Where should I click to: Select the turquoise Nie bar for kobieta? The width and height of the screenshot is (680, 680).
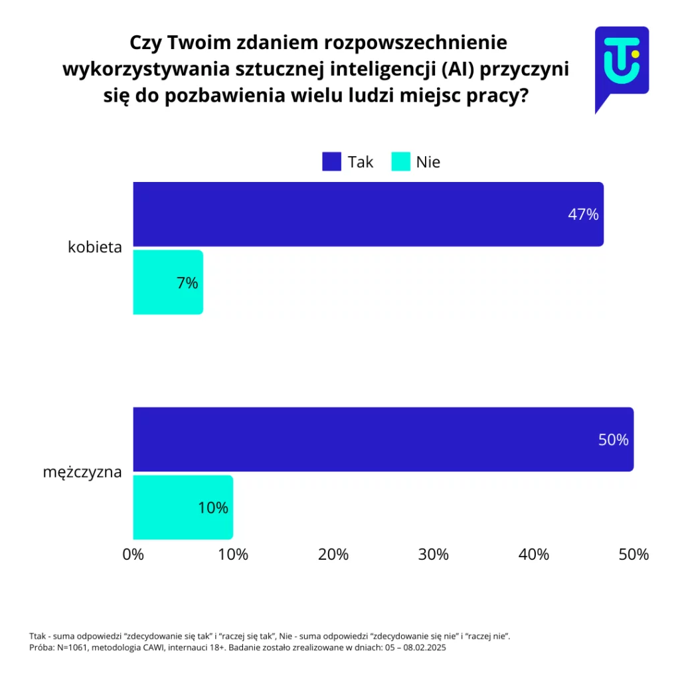[x=167, y=282]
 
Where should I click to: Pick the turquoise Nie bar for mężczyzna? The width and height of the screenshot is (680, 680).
[x=183, y=507]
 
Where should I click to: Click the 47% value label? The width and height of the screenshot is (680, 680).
[x=583, y=214]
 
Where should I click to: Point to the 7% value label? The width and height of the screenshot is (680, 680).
[x=187, y=283]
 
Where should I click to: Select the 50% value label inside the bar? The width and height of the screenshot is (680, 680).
[x=613, y=440]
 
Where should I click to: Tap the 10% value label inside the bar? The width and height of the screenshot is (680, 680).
[x=212, y=508]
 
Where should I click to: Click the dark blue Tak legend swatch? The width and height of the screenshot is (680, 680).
[x=331, y=161]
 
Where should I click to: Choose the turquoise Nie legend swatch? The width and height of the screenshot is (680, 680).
[x=400, y=161]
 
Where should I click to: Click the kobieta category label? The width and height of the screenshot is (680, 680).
[x=95, y=248]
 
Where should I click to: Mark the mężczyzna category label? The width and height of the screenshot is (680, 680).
[x=82, y=473]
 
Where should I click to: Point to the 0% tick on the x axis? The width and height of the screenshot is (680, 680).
[x=133, y=554]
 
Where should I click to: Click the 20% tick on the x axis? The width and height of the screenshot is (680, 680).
[x=333, y=554]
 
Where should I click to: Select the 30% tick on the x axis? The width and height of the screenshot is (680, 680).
[x=434, y=554]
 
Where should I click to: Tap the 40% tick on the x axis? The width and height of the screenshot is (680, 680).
[x=534, y=554]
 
